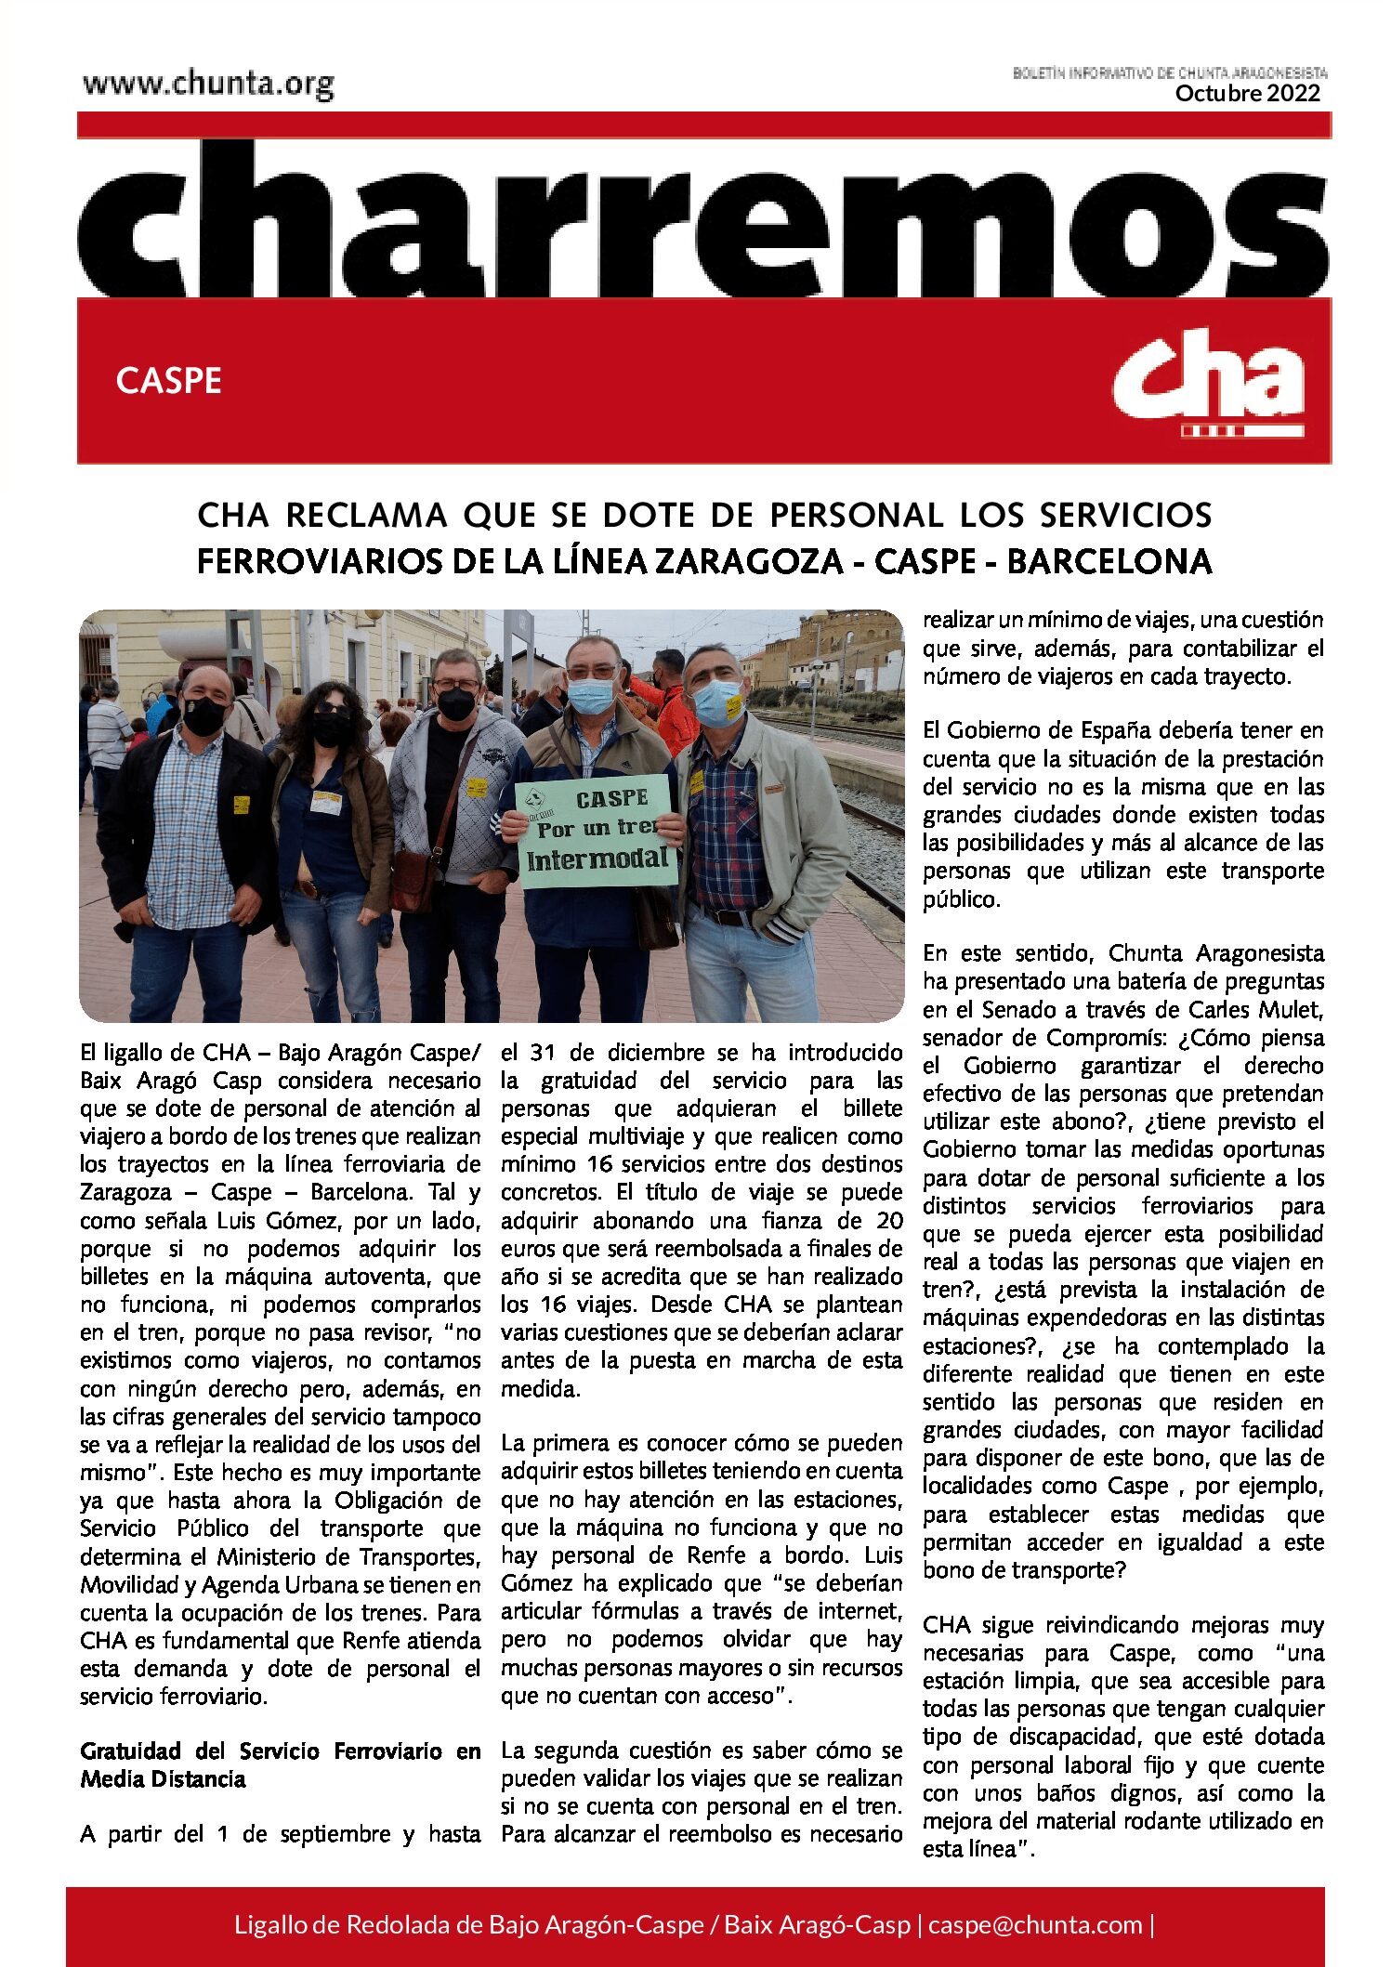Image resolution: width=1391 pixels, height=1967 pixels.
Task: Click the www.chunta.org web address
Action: (208, 85)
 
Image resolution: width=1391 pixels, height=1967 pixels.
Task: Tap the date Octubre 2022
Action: (1247, 93)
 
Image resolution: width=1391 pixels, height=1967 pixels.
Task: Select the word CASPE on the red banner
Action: (169, 381)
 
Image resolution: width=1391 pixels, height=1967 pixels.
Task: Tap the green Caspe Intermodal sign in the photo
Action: (597, 830)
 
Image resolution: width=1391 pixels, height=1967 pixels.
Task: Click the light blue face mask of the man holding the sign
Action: (591, 695)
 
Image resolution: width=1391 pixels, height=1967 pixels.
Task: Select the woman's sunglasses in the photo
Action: (332, 710)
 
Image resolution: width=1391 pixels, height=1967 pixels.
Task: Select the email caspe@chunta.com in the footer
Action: (1035, 1924)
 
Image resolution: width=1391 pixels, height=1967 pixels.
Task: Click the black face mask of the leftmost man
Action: (203, 714)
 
